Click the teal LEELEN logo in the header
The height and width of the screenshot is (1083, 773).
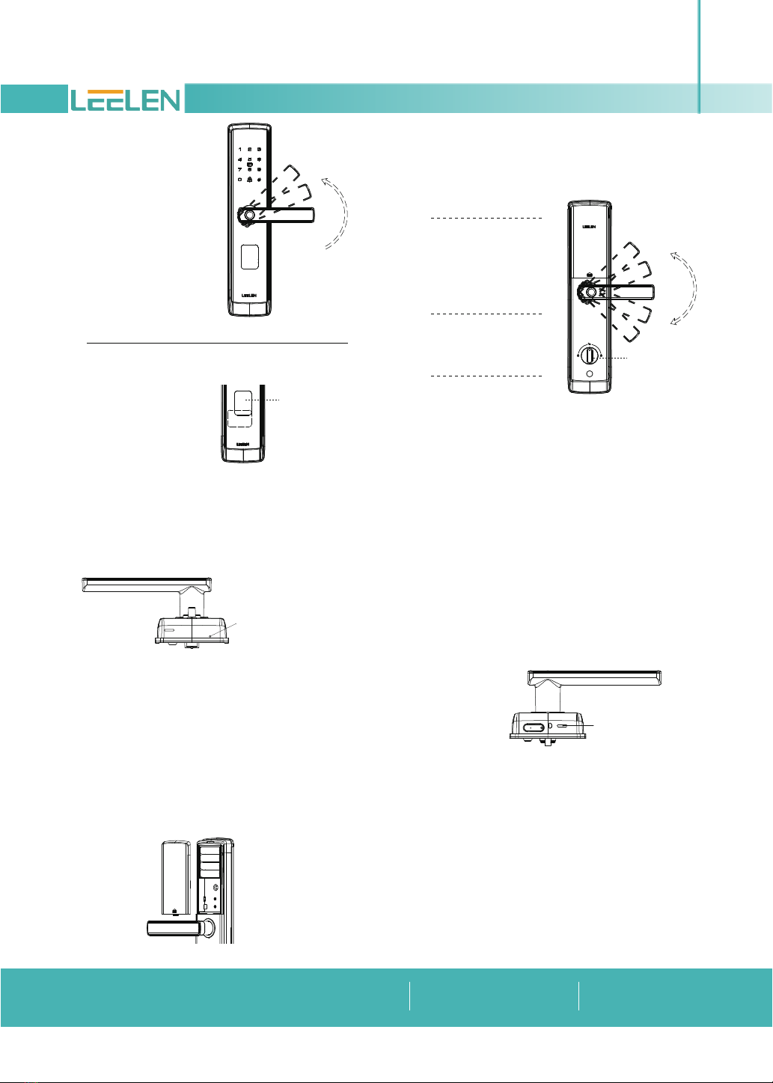pyautogui.click(x=125, y=100)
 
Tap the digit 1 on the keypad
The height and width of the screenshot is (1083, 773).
pyautogui.click(x=240, y=150)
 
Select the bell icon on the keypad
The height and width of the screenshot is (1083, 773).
pyautogui.click(x=249, y=180)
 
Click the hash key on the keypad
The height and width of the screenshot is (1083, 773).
pyautogui.click(x=260, y=180)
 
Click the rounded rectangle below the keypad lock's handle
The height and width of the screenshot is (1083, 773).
pyautogui.click(x=249, y=257)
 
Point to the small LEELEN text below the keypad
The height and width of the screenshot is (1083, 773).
pyautogui.click(x=249, y=295)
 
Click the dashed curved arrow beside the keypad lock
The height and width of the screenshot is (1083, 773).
pyautogui.click(x=336, y=213)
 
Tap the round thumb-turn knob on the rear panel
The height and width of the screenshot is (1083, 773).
pyautogui.click(x=590, y=356)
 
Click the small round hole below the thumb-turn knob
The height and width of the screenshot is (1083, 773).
pyautogui.click(x=590, y=374)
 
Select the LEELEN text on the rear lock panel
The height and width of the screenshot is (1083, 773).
pyautogui.click(x=589, y=226)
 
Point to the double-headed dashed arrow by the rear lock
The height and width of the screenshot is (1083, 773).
pyautogui.click(x=685, y=288)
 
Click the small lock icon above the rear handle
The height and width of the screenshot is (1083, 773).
pyautogui.click(x=590, y=275)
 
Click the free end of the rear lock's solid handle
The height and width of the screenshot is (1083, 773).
pyautogui.click(x=653, y=293)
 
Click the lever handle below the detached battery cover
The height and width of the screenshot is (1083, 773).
pyautogui.click(x=174, y=929)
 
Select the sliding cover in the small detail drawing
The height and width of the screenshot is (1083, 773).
pyautogui.click(x=243, y=403)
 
